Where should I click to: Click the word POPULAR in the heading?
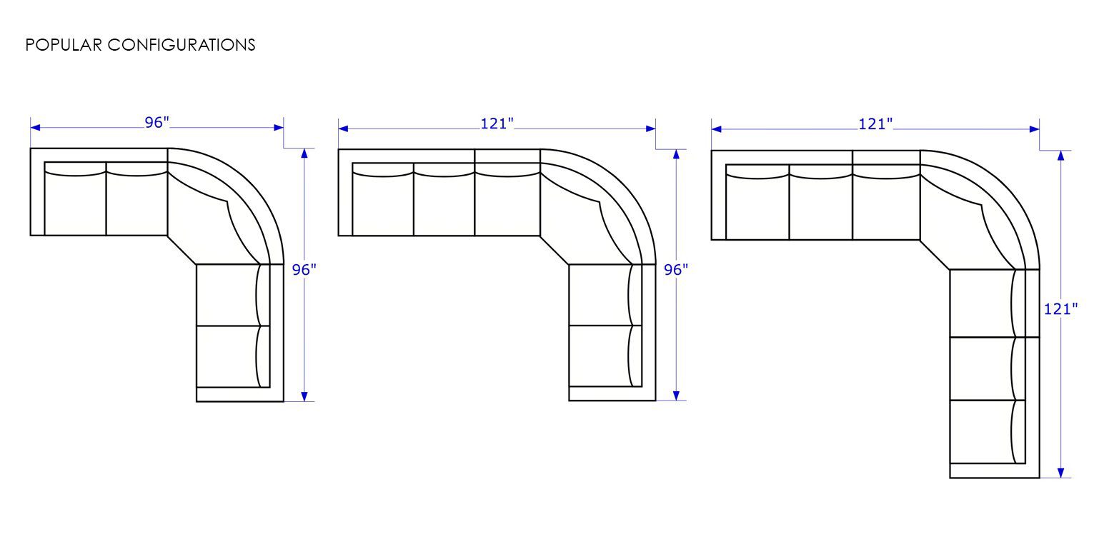pyautogui.click(x=64, y=45)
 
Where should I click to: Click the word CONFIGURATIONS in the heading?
pyautogui.click(x=181, y=45)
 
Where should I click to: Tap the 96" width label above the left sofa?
pyautogui.click(x=156, y=123)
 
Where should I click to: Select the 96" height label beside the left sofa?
pyautogui.click(x=304, y=269)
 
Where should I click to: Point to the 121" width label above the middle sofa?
pyautogui.click(x=497, y=124)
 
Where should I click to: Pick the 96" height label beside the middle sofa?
pyautogui.click(x=676, y=269)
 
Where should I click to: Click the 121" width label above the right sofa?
pyautogui.click(x=875, y=124)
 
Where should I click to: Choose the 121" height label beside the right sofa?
pyautogui.click(x=1060, y=309)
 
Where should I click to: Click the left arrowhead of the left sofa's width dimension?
pyautogui.click(x=35, y=128)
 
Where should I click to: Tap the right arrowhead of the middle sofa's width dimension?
pyautogui.click(x=650, y=129)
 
